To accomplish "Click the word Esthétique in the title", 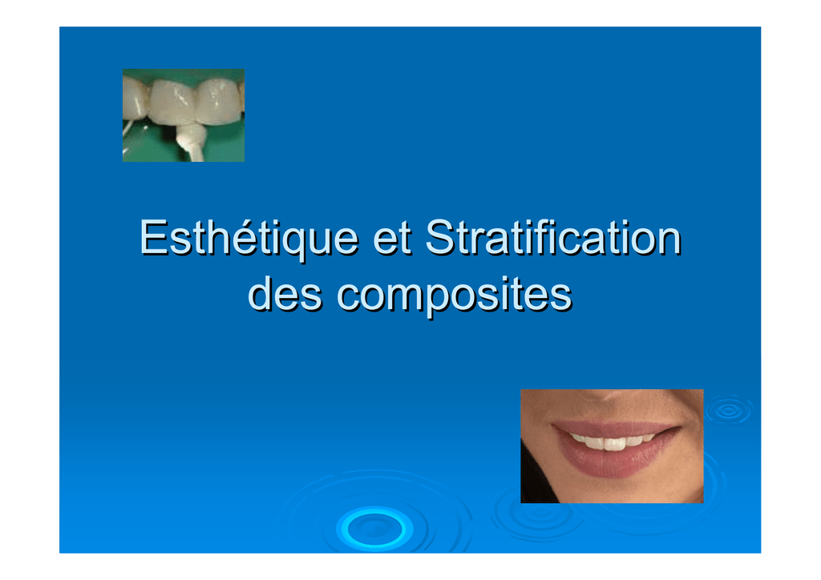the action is point(249,240).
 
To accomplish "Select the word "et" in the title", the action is point(392,239).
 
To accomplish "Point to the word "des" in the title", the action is point(285,293).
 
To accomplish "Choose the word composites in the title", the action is point(455,296).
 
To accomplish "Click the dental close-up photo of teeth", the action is point(184,115).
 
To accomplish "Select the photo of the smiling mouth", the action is point(612,446).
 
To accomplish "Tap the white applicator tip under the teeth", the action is point(191,143).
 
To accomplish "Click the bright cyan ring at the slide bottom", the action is point(374,529).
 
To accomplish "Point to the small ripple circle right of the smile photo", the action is point(728,411).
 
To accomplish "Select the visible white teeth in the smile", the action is point(612,442).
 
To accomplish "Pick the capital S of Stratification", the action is point(440,237).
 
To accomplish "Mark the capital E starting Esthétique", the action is point(153,237).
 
